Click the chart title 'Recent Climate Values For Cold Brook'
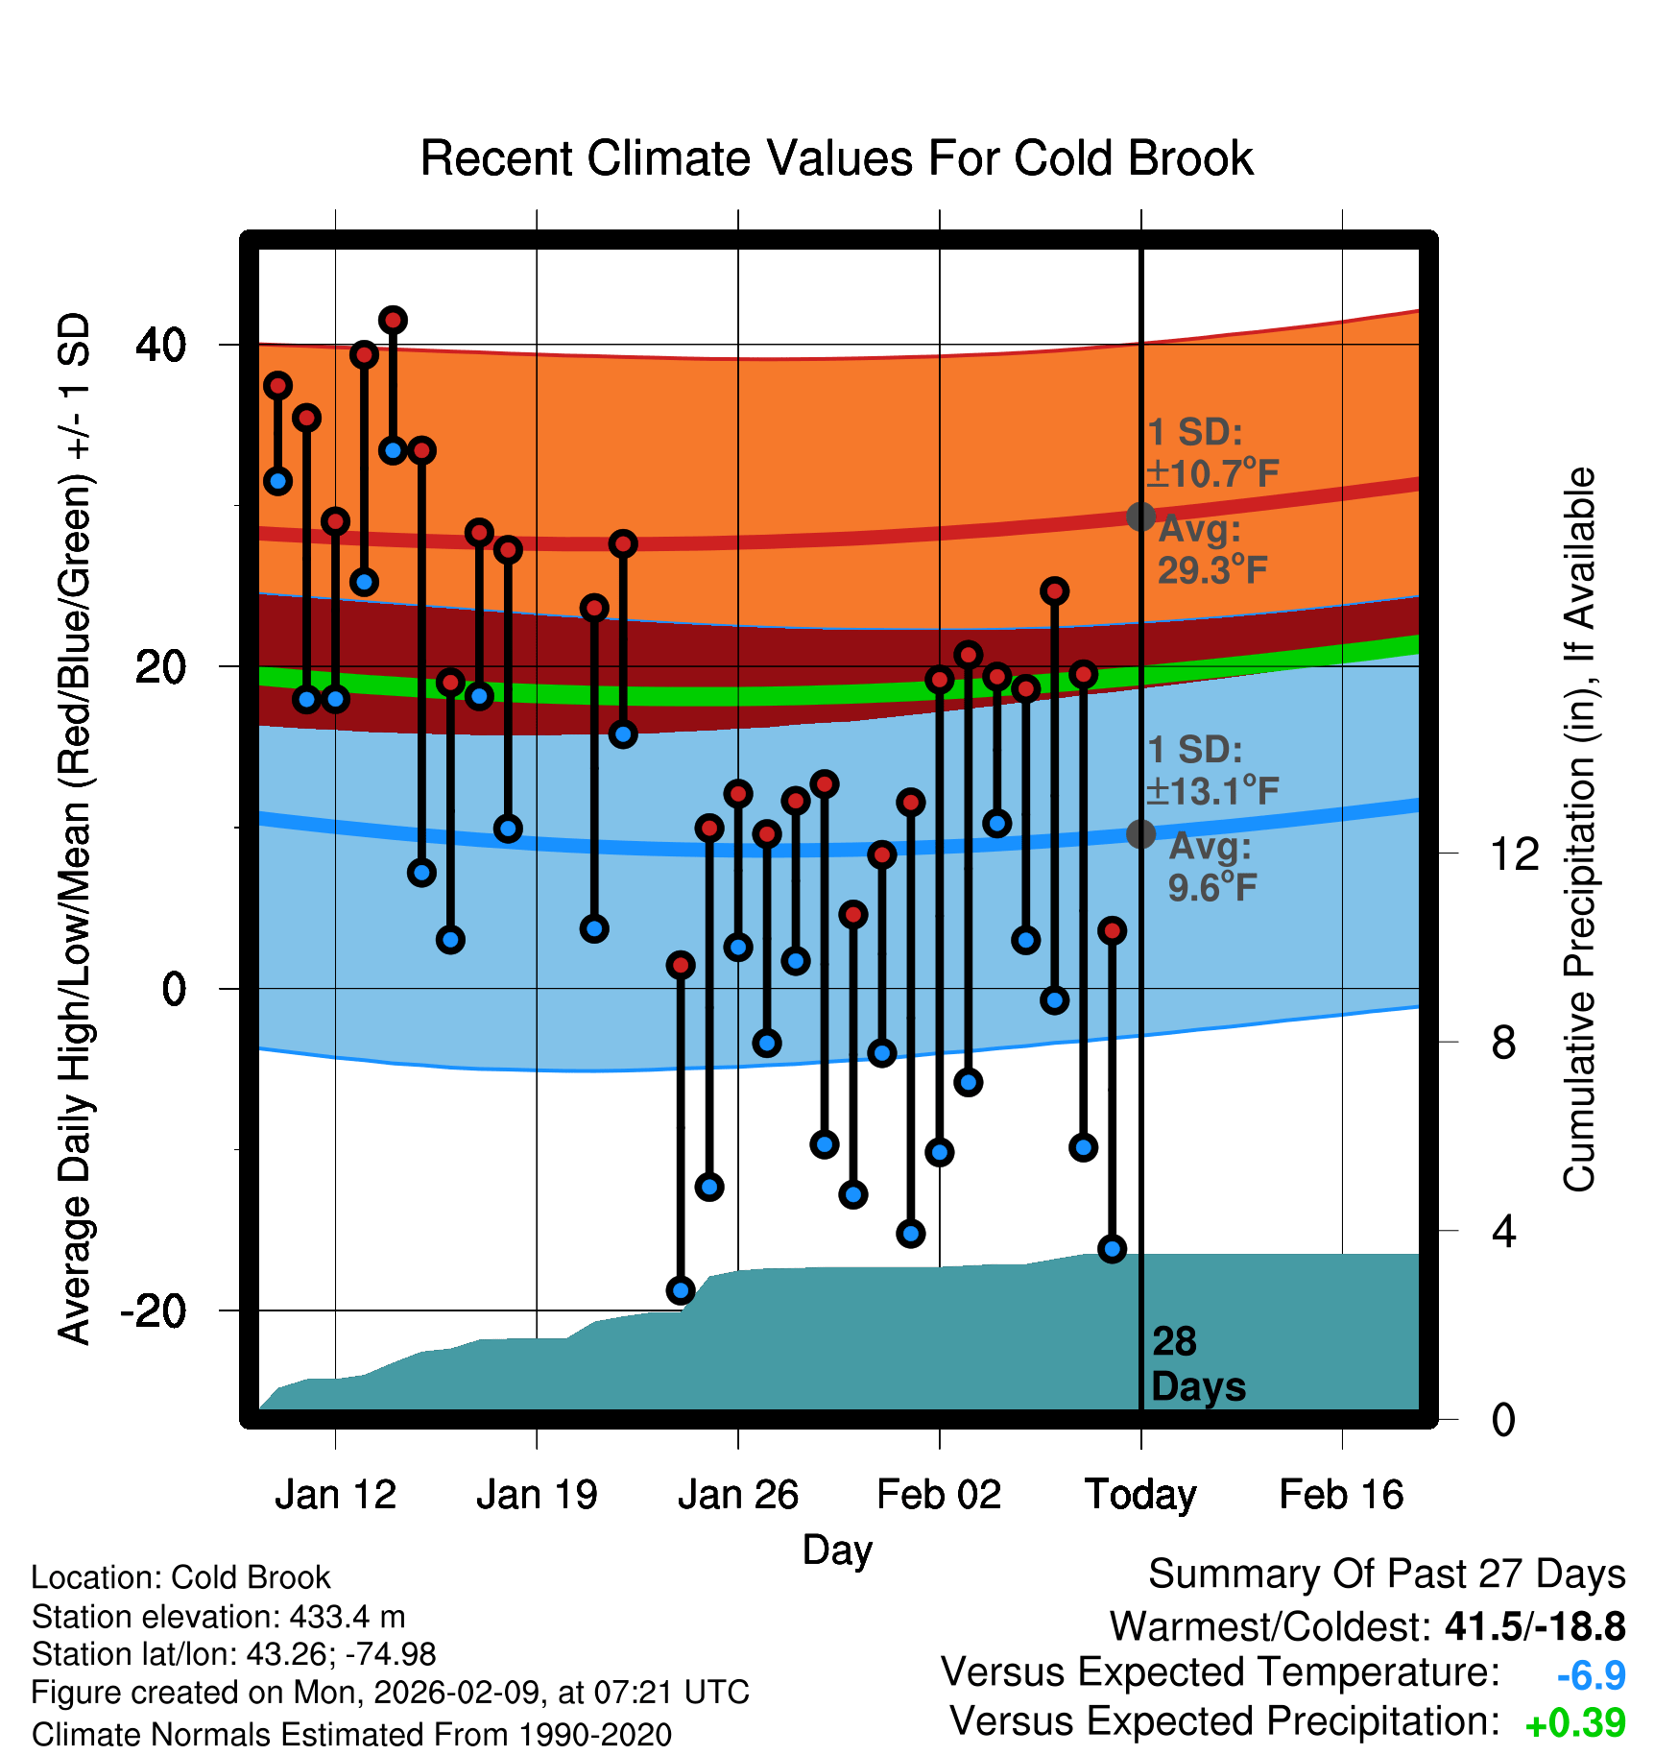tap(836, 158)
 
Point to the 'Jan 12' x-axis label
tap(335, 1495)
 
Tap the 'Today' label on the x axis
tap(1140, 1495)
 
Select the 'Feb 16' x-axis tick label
tap(1341, 1495)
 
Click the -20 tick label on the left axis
tap(154, 1310)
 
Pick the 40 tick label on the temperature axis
tap(161, 345)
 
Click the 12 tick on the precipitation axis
tap(1514, 853)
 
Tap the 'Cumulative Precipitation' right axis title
tap(1579, 830)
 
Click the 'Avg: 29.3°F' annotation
tap(1211, 550)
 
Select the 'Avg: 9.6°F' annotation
tap(1211, 867)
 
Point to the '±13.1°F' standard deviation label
tap(1213, 791)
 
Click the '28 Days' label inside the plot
tap(1197, 1364)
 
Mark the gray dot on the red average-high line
tap(1140, 517)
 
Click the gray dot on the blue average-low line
tap(1140, 833)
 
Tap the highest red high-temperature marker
tap(393, 320)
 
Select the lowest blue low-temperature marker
tap(681, 1290)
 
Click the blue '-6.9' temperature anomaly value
tap(1591, 1675)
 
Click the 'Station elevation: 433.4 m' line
tap(219, 1617)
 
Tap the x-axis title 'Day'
tap(837, 1550)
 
